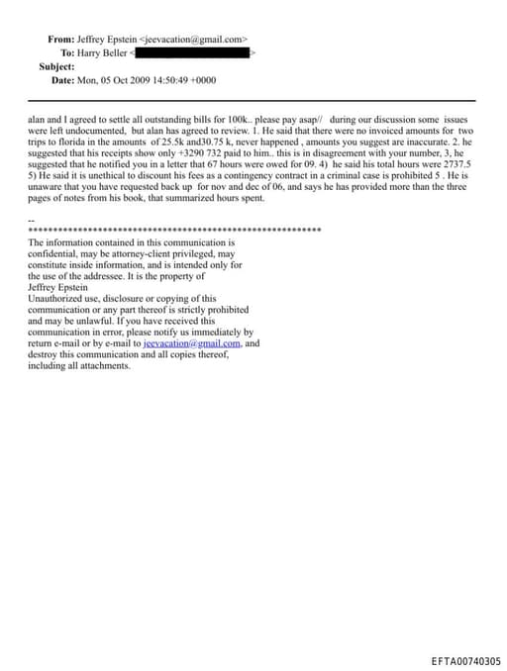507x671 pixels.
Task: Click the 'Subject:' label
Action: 56,66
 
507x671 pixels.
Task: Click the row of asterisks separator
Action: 174,230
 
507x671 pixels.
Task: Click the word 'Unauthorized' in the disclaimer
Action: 57,298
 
